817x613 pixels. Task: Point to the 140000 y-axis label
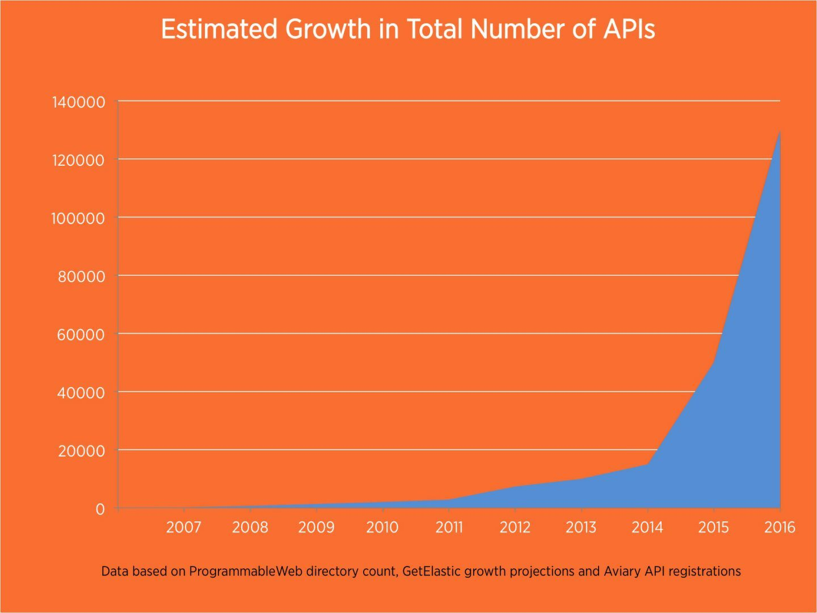(x=78, y=102)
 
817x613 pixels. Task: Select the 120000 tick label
(x=78, y=160)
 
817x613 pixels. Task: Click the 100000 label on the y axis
(x=78, y=219)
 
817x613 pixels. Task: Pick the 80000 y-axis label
(x=82, y=276)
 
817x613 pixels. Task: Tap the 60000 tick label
(x=82, y=335)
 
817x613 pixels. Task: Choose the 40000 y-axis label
(x=82, y=393)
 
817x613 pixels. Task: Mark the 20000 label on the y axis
(x=82, y=451)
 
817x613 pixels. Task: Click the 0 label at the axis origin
(x=100, y=509)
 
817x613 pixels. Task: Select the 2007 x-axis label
(x=183, y=527)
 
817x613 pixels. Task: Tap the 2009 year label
(x=316, y=527)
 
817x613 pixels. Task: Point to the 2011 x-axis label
(x=449, y=527)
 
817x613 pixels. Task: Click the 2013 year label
(x=581, y=527)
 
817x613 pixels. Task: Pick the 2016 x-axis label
(x=780, y=527)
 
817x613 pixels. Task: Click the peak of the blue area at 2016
(x=780, y=132)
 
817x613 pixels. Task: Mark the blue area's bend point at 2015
(x=713, y=362)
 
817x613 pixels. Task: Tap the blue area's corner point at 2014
(x=647, y=464)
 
